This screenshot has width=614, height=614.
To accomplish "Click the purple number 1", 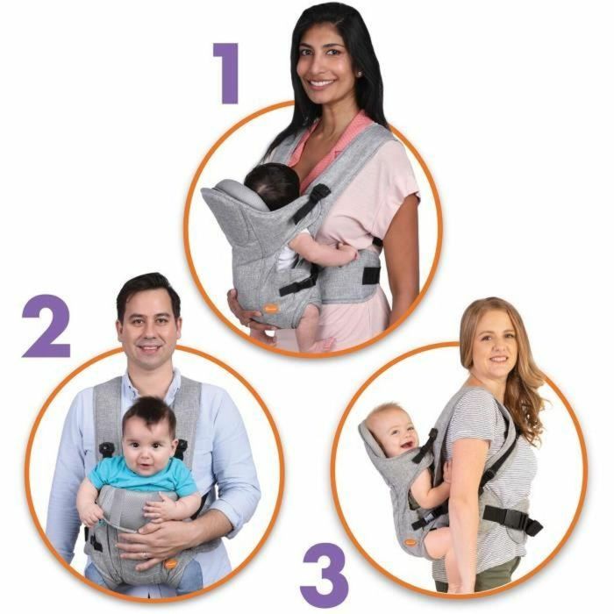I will coord(225,75).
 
